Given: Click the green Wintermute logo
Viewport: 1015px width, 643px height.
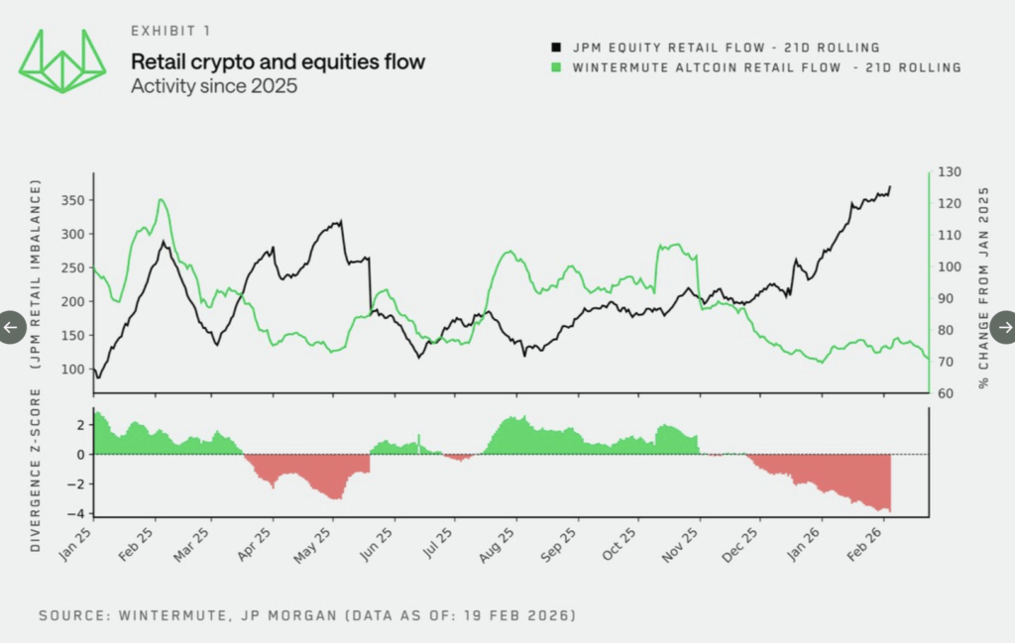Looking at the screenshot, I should click(x=62, y=60).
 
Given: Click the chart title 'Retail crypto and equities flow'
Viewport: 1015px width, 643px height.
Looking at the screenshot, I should click(x=278, y=62).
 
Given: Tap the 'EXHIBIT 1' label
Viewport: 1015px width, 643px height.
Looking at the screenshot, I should click(x=170, y=32).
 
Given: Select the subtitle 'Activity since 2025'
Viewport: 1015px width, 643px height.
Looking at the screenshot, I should click(x=214, y=86).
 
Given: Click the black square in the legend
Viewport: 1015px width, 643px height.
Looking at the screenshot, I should click(x=557, y=48).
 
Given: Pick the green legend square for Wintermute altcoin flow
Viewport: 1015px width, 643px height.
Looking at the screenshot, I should click(x=557, y=67).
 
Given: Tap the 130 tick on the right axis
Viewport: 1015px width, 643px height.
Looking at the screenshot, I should click(x=950, y=172).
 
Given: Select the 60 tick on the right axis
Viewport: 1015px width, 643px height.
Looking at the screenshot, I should click(x=947, y=393).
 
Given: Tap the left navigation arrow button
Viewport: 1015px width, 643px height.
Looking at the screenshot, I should click(x=11, y=327).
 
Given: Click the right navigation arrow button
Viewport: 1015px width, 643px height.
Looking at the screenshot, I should click(x=1003, y=327).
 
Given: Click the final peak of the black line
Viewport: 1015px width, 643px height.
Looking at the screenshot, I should click(x=889, y=186).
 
